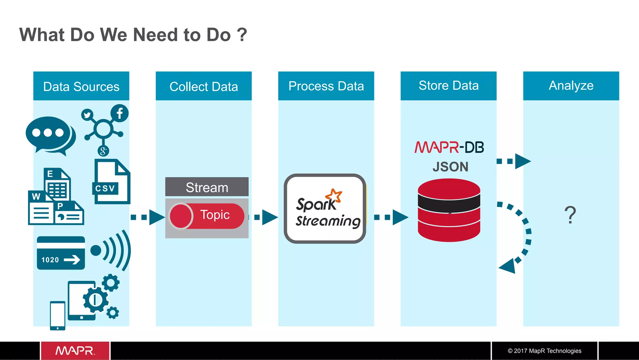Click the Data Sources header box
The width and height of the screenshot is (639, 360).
click(81, 86)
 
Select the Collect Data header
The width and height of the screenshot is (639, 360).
click(203, 86)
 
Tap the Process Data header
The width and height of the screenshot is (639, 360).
click(326, 86)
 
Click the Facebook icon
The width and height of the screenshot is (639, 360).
click(120, 113)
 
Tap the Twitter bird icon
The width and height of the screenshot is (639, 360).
click(87, 115)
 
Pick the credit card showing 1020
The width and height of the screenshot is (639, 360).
click(61, 253)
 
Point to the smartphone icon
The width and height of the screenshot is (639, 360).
click(58, 315)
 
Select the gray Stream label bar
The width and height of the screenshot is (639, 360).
click(207, 187)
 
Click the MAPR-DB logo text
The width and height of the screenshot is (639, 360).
click(449, 147)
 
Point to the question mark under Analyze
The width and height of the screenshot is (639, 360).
click(570, 215)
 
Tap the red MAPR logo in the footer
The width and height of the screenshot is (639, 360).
click(75, 351)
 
